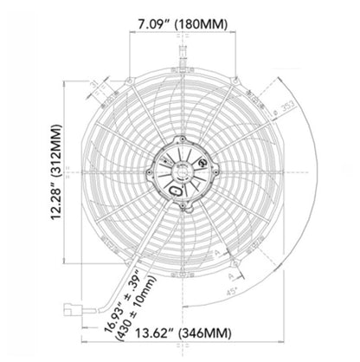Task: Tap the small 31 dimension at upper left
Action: [93, 83]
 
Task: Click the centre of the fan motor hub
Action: [181, 174]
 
